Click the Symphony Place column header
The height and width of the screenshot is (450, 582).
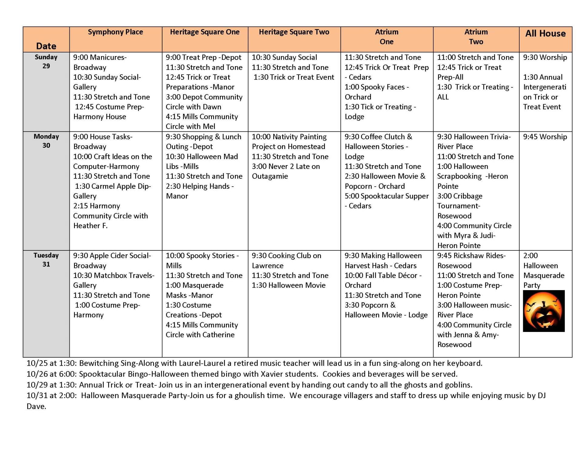pyautogui.click(x=115, y=32)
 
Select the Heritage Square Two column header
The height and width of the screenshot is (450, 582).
pyautogui.click(x=294, y=32)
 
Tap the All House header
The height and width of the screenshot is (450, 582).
pyautogui.click(x=545, y=33)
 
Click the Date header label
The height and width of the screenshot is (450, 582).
pyautogui.click(x=46, y=46)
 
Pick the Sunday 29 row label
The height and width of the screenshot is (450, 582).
pyautogui.click(x=46, y=62)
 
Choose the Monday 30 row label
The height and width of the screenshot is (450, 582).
pyautogui.click(x=46, y=141)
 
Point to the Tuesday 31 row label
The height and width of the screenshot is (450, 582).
pyautogui.click(x=46, y=260)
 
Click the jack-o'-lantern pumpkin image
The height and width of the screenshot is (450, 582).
pyautogui.click(x=544, y=311)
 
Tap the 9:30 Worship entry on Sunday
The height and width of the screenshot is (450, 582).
pyautogui.click(x=545, y=57)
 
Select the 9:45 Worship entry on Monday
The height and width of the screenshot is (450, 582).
pyautogui.click(x=545, y=137)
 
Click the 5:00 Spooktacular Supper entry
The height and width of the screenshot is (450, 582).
pyautogui.click(x=386, y=201)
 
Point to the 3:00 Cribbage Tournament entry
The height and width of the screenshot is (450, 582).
pyautogui.click(x=460, y=206)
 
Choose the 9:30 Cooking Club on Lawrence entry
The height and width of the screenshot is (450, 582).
pyautogui.click(x=286, y=260)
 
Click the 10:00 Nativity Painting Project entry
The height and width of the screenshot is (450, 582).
pyautogui.click(x=289, y=142)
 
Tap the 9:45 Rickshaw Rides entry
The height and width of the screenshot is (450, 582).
pyautogui.click(x=471, y=260)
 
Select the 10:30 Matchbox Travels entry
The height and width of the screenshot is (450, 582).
pyautogui.click(x=114, y=280)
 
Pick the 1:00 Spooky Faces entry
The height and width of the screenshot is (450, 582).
pyautogui.click(x=376, y=92)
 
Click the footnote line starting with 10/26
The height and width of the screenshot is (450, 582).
pyautogui.click(x=242, y=374)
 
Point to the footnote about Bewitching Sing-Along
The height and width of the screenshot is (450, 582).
pyautogui.click(x=254, y=363)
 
